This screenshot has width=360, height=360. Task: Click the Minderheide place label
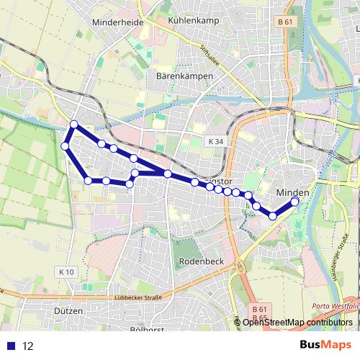tap(118, 22)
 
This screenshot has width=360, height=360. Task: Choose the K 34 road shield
tap(214, 142)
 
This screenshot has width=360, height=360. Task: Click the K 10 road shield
tap(66, 271)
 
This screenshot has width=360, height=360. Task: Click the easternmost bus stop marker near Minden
tap(294, 202)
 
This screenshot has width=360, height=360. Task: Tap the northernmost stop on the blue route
tap(74, 125)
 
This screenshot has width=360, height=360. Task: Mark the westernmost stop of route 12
tap(65, 147)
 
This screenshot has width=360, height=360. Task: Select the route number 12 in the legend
tap(27, 346)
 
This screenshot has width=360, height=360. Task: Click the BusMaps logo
tap(325, 345)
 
